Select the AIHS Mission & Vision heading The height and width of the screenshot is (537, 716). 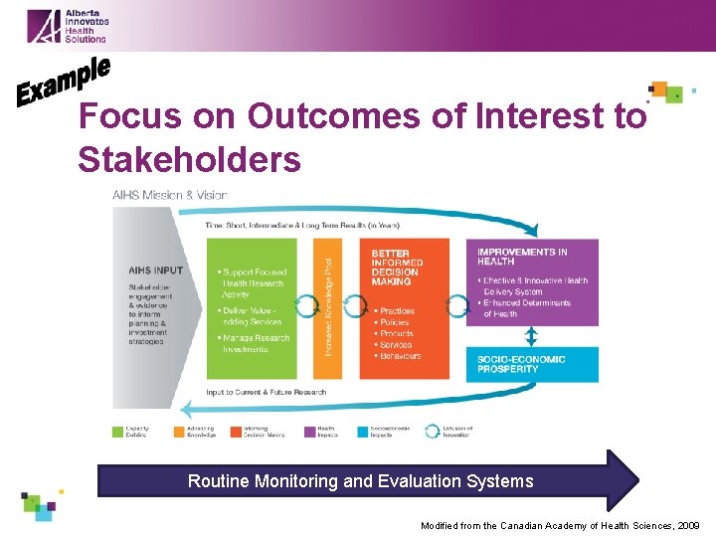pos(170,196)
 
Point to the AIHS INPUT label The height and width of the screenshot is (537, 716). pos(155,270)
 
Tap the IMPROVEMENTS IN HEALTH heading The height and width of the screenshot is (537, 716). pos(522,256)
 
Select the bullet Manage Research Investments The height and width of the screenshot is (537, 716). pos(257,343)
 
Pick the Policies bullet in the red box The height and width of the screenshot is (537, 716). pos(396,322)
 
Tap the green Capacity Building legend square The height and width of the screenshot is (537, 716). pos(118,432)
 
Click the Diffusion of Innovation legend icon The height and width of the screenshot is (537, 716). pos(433,432)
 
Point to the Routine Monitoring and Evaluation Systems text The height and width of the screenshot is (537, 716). pos(360,481)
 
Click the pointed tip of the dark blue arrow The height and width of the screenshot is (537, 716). pos(636,481)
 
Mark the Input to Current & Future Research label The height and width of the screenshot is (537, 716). pos(267,392)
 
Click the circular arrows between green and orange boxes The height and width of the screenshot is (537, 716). pos(305,307)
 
